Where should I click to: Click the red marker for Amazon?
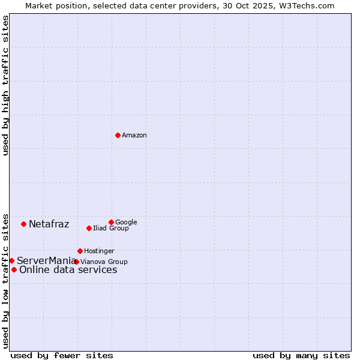118,135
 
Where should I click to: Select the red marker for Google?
111,222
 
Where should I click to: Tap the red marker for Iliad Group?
89,228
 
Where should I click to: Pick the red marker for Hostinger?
80,251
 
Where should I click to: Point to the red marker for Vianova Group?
76,262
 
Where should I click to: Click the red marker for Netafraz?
23,224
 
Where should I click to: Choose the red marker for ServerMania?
11,260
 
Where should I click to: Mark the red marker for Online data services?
14,269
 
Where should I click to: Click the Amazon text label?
134,136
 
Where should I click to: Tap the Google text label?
126,223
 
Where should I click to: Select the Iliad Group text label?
111,229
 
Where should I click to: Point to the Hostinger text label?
99,251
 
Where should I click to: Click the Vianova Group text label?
104,262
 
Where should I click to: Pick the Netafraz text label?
49,224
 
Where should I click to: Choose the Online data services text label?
68,270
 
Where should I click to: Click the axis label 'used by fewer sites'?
62,355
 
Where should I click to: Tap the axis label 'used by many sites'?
301,355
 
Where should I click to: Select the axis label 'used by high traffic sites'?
5,85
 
